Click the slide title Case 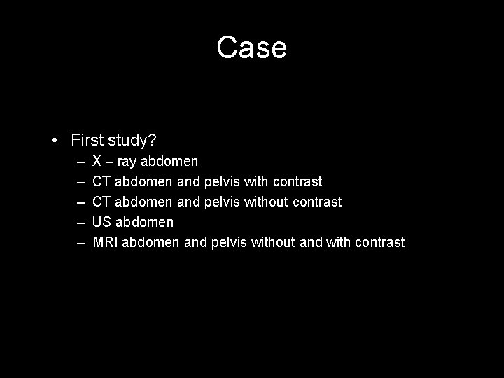(x=251, y=48)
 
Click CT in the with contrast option (x=101, y=182)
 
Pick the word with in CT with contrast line (x=257, y=182)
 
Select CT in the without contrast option (x=101, y=202)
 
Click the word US (x=102, y=223)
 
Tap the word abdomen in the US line (x=144, y=223)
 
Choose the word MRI (x=105, y=243)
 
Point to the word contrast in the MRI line (x=379, y=243)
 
